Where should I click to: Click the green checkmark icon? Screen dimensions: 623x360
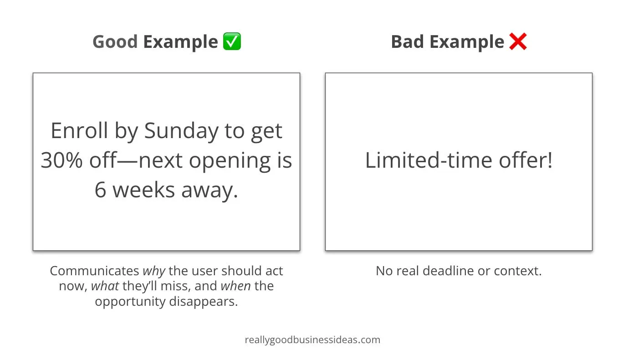coord(232,41)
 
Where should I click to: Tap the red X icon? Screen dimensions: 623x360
coord(518,41)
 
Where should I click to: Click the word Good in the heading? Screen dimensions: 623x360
coord(115,42)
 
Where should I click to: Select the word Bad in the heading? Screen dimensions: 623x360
coord(408,42)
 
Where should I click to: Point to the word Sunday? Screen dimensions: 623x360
coord(181,131)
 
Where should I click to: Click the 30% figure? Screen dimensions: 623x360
coord(62,160)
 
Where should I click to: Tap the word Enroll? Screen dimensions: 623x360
coord(79,130)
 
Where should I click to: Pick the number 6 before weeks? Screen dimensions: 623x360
coord(100,190)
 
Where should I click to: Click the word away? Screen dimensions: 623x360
coord(209,191)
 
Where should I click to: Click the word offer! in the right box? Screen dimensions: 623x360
coord(526,160)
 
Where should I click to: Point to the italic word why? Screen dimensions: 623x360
coord(154,271)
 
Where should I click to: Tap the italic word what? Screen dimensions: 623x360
coord(105,286)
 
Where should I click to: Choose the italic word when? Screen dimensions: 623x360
coord(235,286)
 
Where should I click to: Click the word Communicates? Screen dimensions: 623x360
coord(95,271)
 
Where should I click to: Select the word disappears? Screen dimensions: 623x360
coord(203,302)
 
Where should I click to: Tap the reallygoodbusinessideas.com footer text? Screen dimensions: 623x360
coord(312,340)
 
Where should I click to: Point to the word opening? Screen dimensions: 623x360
coord(230,161)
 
